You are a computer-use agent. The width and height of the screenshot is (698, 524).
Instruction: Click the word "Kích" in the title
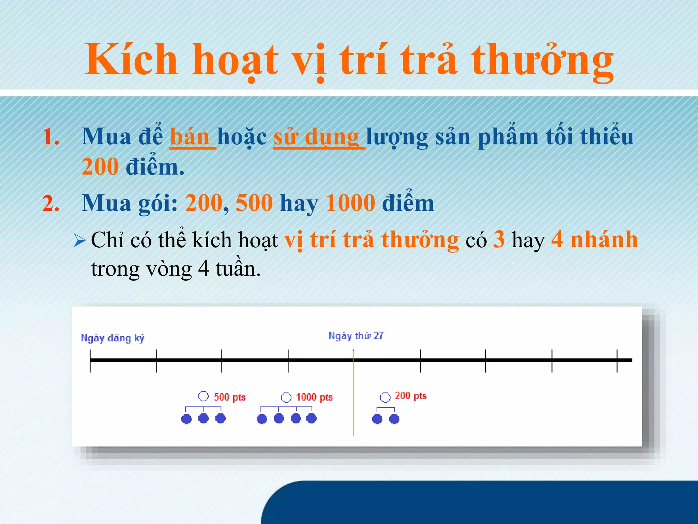(132, 60)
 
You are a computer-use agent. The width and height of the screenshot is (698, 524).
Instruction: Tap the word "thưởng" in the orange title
(542, 61)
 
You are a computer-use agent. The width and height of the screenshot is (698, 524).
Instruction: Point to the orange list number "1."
(51, 137)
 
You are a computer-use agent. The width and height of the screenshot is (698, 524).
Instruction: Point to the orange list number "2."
(51, 204)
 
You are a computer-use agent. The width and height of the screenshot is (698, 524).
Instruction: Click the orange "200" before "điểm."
(100, 167)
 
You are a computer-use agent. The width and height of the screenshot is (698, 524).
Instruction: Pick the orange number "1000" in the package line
(350, 203)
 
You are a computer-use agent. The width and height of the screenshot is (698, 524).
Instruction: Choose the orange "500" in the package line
(254, 203)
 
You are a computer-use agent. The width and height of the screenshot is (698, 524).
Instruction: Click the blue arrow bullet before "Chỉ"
(79, 241)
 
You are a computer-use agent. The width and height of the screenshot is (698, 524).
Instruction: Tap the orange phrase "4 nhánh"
(594, 239)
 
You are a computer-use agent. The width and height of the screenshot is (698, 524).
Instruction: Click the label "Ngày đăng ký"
(112, 338)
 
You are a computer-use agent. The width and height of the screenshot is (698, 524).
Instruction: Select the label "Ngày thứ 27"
(356, 336)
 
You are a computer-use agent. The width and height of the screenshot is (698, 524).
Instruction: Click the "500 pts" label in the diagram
(229, 397)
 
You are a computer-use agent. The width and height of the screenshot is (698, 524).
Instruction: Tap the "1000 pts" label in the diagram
(314, 397)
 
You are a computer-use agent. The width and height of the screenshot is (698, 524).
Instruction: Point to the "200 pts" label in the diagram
(411, 396)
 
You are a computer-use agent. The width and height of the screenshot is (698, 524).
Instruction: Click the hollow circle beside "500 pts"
(203, 396)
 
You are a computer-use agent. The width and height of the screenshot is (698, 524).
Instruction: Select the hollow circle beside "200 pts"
(385, 397)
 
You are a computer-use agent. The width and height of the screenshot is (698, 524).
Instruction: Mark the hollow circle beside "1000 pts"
(286, 397)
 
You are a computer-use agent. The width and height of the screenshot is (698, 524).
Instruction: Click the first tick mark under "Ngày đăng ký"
(90, 361)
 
